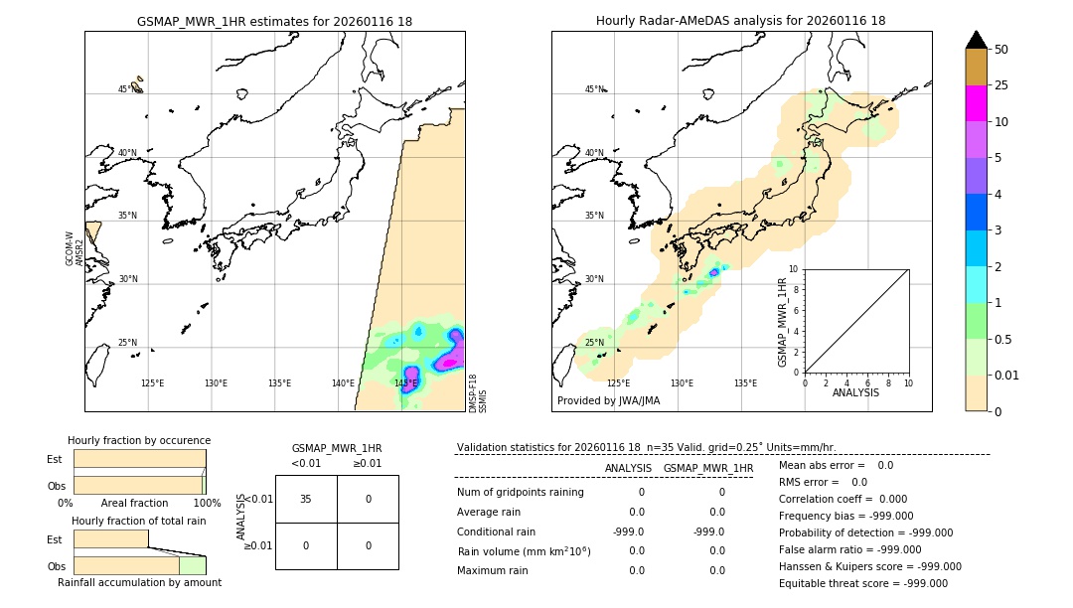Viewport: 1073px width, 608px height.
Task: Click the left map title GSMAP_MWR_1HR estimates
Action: pyautogui.click(x=274, y=21)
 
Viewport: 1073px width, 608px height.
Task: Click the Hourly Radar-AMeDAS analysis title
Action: pyautogui.click(x=740, y=21)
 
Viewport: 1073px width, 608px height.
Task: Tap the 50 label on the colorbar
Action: pyautogui.click(x=1001, y=50)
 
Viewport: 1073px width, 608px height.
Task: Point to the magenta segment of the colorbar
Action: pyautogui.click(x=976, y=103)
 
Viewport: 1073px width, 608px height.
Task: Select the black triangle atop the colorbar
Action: pyautogui.click(x=976, y=40)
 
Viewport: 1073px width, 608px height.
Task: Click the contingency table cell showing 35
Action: pyautogui.click(x=306, y=499)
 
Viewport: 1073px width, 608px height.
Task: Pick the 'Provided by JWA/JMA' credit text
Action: pyautogui.click(x=608, y=401)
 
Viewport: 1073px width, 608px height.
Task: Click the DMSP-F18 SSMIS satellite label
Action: pyautogui.click(x=478, y=392)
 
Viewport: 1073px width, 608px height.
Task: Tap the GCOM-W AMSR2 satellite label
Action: pyautogui.click(x=75, y=249)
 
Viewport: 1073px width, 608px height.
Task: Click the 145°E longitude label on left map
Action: pyautogui.click(x=405, y=383)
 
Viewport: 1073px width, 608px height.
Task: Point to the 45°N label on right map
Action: pyautogui.click(x=594, y=90)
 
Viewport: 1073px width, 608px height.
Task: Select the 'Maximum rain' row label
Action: pyautogui.click(x=492, y=570)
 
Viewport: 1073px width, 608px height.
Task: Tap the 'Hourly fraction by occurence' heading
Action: pyautogui.click(x=139, y=440)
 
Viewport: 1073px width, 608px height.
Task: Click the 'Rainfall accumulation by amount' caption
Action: pyautogui.click(x=139, y=582)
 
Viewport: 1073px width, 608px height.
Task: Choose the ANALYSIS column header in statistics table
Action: pyautogui.click(x=628, y=468)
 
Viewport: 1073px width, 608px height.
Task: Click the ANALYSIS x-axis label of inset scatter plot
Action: pyautogui.click(x=855, y=392)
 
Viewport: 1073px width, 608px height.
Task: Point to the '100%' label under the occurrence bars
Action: pyautogui.click(x=207, y=504)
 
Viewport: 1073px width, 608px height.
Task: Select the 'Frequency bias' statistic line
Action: pyautogui.click(x=845, y=516)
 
